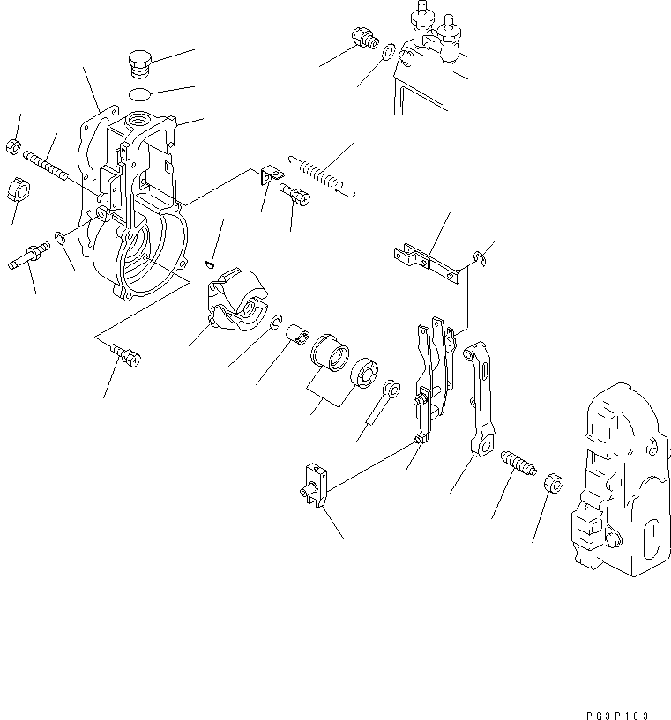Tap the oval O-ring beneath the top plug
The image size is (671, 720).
(x=139, y=94)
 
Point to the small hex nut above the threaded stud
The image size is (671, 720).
(x=13, y=145)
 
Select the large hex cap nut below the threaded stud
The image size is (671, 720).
(x=19, y=189)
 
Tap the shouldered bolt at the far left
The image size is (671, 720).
(x=30, y=261)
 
